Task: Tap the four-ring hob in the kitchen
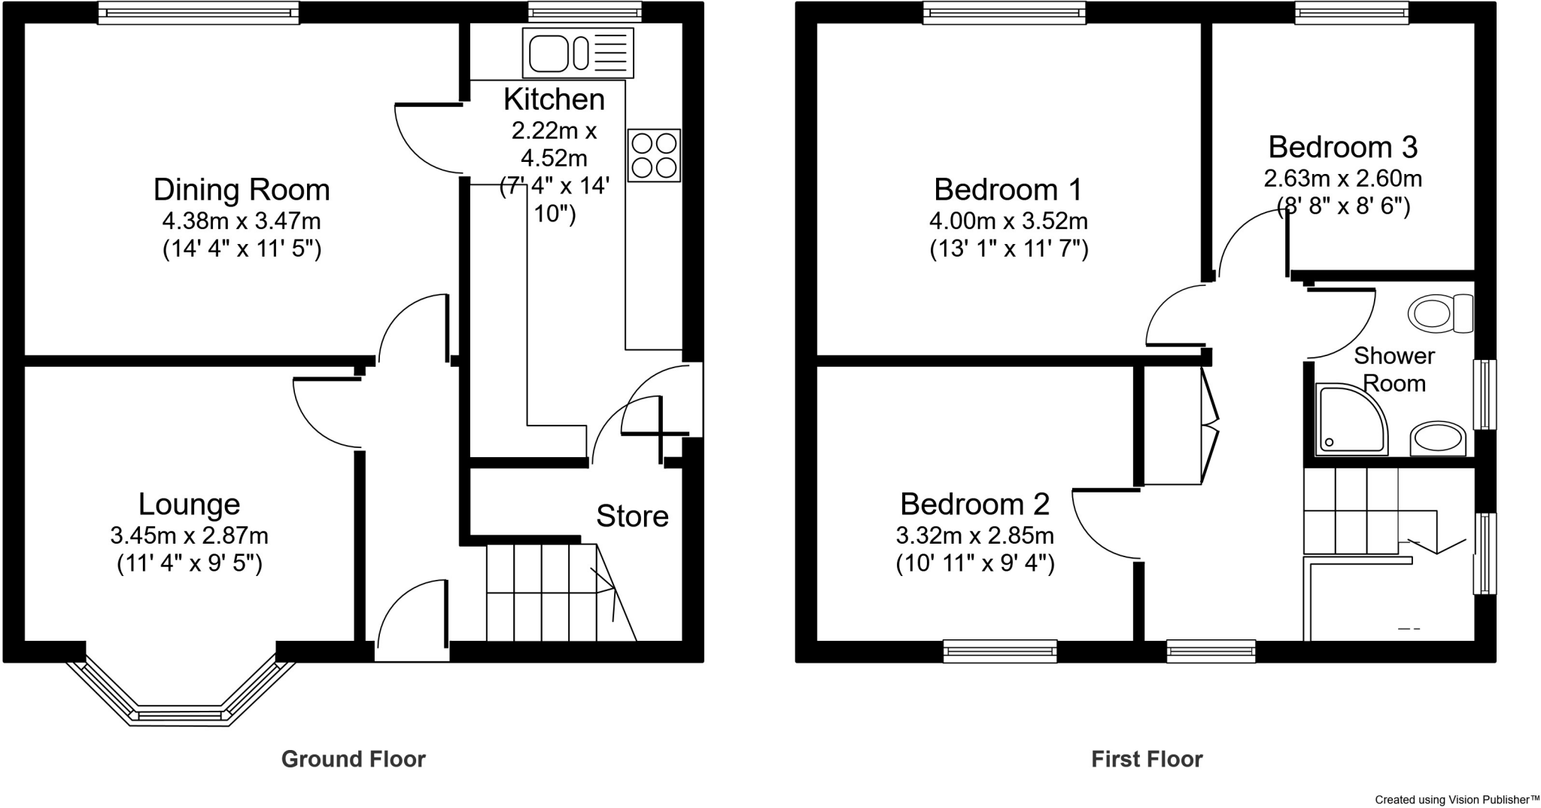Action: coord(654,155)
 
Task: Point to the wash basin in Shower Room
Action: coord(1438,439)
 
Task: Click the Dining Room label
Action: coord(242,190)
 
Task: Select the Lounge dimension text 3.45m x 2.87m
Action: coord(189,536)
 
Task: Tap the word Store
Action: coord(632,517)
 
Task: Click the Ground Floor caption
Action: coord(353,759)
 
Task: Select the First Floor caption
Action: coord(1147,759)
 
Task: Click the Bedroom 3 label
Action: coord(1342,147)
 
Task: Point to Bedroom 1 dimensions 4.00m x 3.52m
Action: coord(1008,221)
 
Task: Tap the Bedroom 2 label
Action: coord(974,504)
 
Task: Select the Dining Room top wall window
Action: coord(199,13)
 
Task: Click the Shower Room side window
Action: coord(1485,395)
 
